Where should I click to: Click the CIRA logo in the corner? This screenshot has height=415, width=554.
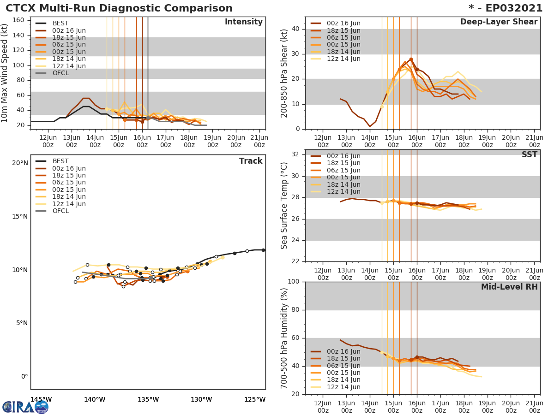coord(25,407)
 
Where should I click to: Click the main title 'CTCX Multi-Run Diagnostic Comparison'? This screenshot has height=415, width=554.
coord(119,8)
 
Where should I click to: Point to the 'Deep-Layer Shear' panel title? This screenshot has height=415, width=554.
coord(499,22)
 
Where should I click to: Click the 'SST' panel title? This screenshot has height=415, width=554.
coord(529,155)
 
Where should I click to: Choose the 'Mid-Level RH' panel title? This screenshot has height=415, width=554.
coord(509,287)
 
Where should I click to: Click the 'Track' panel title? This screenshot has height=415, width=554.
coord(250,161)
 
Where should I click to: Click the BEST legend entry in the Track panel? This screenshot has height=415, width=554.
coord(60,161)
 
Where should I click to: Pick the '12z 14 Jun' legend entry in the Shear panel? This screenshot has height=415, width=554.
coord(343,59)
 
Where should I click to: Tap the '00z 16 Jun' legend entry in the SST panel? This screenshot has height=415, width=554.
coord(343,156)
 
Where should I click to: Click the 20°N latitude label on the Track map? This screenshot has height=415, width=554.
coord(20,163)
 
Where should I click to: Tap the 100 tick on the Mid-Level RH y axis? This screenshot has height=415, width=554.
coord(294,282)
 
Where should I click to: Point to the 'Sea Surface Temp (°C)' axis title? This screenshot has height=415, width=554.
coord(284,206)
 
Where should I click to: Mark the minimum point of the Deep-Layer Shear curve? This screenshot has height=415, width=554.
coord(370,126)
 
